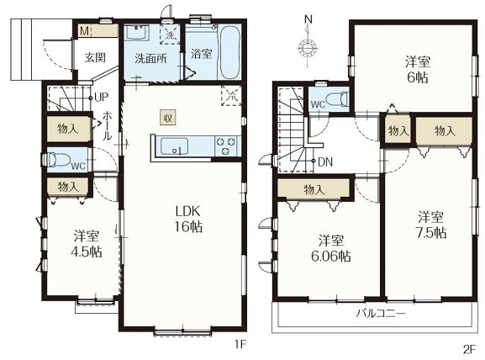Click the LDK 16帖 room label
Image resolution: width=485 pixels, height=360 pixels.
pos(188,220)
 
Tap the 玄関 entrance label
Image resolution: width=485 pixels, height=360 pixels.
pos(95,57)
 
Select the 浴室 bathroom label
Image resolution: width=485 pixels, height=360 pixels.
pos(201,54)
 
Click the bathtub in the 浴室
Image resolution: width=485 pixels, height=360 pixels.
pos(230,52)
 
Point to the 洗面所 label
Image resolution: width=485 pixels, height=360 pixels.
pos(150,59)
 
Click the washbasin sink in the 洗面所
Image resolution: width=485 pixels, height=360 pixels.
pos(137,33)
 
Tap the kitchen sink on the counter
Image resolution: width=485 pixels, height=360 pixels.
pos(175,146)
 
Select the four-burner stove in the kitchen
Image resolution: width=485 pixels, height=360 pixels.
pos(227,146)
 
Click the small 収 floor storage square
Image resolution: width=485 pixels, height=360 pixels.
pos(168,118)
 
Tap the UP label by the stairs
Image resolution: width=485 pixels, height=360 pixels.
pos(101,98)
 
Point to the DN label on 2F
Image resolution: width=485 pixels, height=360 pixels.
pos(325,161)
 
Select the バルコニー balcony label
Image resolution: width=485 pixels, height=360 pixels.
pos(381,314)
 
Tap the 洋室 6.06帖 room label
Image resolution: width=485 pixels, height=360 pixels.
pos(330,248)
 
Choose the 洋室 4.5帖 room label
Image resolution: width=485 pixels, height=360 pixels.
pos(87,244)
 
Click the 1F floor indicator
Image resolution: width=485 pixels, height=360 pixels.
pos(240,345)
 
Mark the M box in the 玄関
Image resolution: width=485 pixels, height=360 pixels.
pos(84,31)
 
